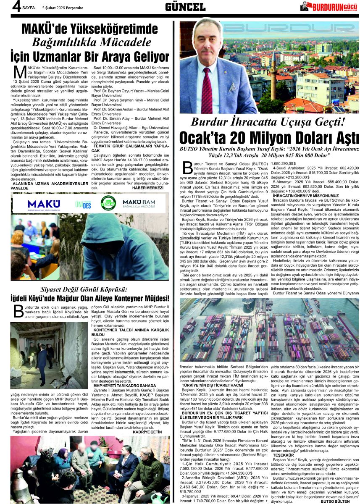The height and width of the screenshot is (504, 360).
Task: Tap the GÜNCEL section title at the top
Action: click(x=185, y=7)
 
